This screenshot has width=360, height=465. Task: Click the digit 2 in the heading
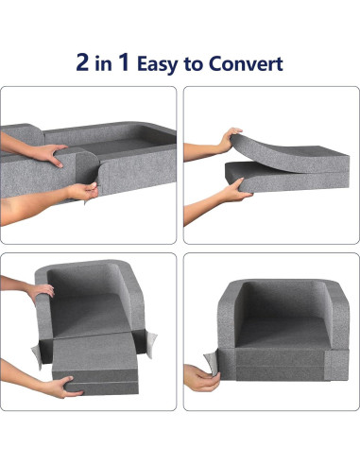(86, 63)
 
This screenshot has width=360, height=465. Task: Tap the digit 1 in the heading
(125, 63)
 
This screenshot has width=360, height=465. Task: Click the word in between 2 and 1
(106, 65)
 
